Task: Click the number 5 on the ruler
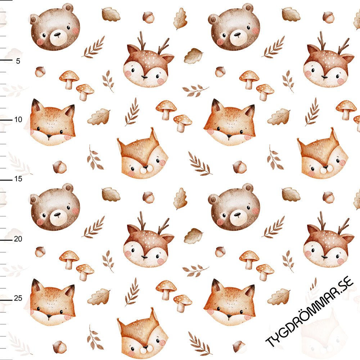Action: (18, 61)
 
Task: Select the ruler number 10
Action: (18, 120)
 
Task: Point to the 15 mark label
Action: (18, 179)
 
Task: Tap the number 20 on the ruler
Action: (18, 239)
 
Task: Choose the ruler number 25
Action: (18, 298)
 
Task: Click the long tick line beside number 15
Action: (6, 180)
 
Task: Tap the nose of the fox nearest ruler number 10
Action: (49, 136)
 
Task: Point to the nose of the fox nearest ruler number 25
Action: (49, 316)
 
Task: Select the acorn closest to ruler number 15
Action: (60, 167)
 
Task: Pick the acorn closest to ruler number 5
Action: (40, 72)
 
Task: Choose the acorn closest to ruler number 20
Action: (40, 252)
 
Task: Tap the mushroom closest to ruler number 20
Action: (69, 260)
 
